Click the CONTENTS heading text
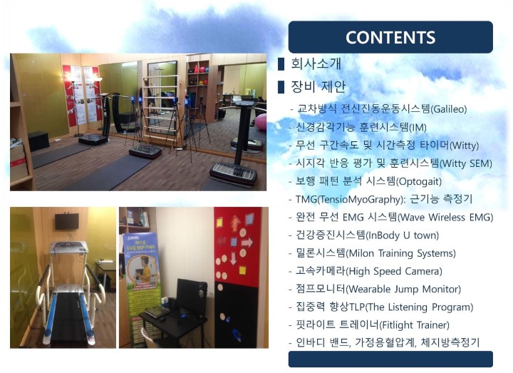pos(390,37)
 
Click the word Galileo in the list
pos(449,109)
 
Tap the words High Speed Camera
pos(394,271)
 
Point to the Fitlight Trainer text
pos(415,325)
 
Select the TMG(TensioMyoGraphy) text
pos(348,199)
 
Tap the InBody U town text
pos(403,235)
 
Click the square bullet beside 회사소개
pos(281,64)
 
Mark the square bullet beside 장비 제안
pos(281,87)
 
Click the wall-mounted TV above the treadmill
pos(67,221)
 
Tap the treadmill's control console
pos(68,247)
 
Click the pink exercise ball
pos(261,122)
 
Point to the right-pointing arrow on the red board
pos(247,242)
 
